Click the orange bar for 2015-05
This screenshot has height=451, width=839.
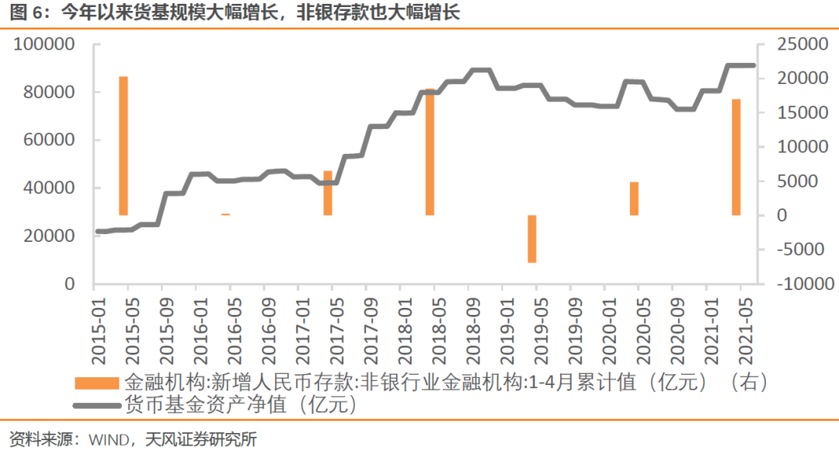click(123, 145)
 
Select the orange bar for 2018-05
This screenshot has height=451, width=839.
click(430, 152)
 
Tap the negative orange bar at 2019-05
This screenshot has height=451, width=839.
click(532, 239)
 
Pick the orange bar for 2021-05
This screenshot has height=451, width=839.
click(736, 157)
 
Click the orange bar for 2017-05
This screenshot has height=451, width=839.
click(328, 193)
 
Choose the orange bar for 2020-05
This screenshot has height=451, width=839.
click(634, 198)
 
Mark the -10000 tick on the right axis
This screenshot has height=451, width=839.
click(795, 284)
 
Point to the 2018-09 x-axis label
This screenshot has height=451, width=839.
click(469, 330)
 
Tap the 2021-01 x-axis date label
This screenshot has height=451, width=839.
click(708, 330)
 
